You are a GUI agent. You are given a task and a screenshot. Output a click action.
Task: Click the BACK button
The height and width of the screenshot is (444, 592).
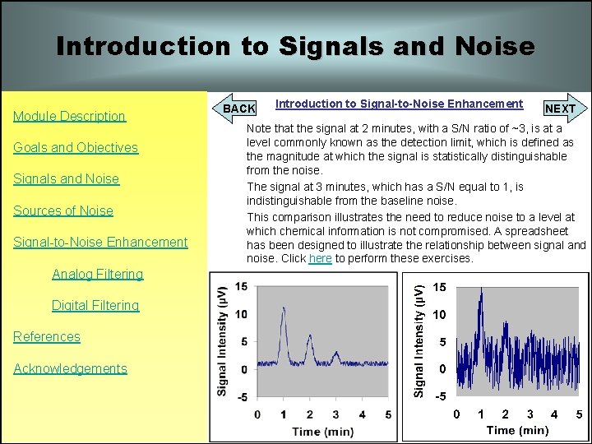tap(239, 108)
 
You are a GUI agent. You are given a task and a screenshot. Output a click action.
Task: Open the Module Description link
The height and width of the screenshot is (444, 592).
tap(69, 116)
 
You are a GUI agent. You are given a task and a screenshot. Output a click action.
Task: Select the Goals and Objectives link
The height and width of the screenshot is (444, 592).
tap(76, 147)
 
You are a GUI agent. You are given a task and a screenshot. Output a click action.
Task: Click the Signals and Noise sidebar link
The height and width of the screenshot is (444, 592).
tap(66, 178)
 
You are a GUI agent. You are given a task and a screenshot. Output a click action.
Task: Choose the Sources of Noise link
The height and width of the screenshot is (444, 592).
tap(63, 210)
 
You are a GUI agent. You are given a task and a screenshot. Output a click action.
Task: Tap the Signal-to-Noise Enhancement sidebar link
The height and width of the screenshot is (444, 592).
tap(100, 242)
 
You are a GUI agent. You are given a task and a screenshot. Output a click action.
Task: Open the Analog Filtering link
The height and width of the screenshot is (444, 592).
tap(97, 274)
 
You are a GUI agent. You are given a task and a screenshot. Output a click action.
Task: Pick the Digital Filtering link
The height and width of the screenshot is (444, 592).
tap(95, 305)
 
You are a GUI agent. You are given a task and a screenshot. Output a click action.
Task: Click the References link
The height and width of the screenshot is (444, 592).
tap(47, 336)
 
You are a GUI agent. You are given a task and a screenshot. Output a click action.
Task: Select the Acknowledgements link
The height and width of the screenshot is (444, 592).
tap(70, 368)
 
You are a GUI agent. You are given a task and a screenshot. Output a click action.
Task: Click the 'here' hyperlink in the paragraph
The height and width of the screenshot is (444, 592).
tap(320, 258)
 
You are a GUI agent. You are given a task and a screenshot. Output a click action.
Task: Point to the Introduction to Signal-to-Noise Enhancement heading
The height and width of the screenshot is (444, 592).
tap(399, 104)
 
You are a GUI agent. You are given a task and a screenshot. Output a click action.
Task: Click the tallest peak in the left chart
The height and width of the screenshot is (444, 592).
tap(283, 310)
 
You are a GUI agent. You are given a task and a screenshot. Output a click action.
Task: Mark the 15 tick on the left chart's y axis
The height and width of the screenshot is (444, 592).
tap(241, 287)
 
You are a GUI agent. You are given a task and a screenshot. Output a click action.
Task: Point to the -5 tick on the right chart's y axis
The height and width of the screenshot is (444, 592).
tap(442, 395)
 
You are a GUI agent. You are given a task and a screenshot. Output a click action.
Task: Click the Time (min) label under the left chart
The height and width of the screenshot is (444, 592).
tap(323, 431)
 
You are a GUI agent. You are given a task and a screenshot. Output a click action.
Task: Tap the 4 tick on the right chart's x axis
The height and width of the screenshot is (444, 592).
tap(553, 414)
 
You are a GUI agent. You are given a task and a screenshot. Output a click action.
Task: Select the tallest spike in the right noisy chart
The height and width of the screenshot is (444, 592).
tap(482, 290)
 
